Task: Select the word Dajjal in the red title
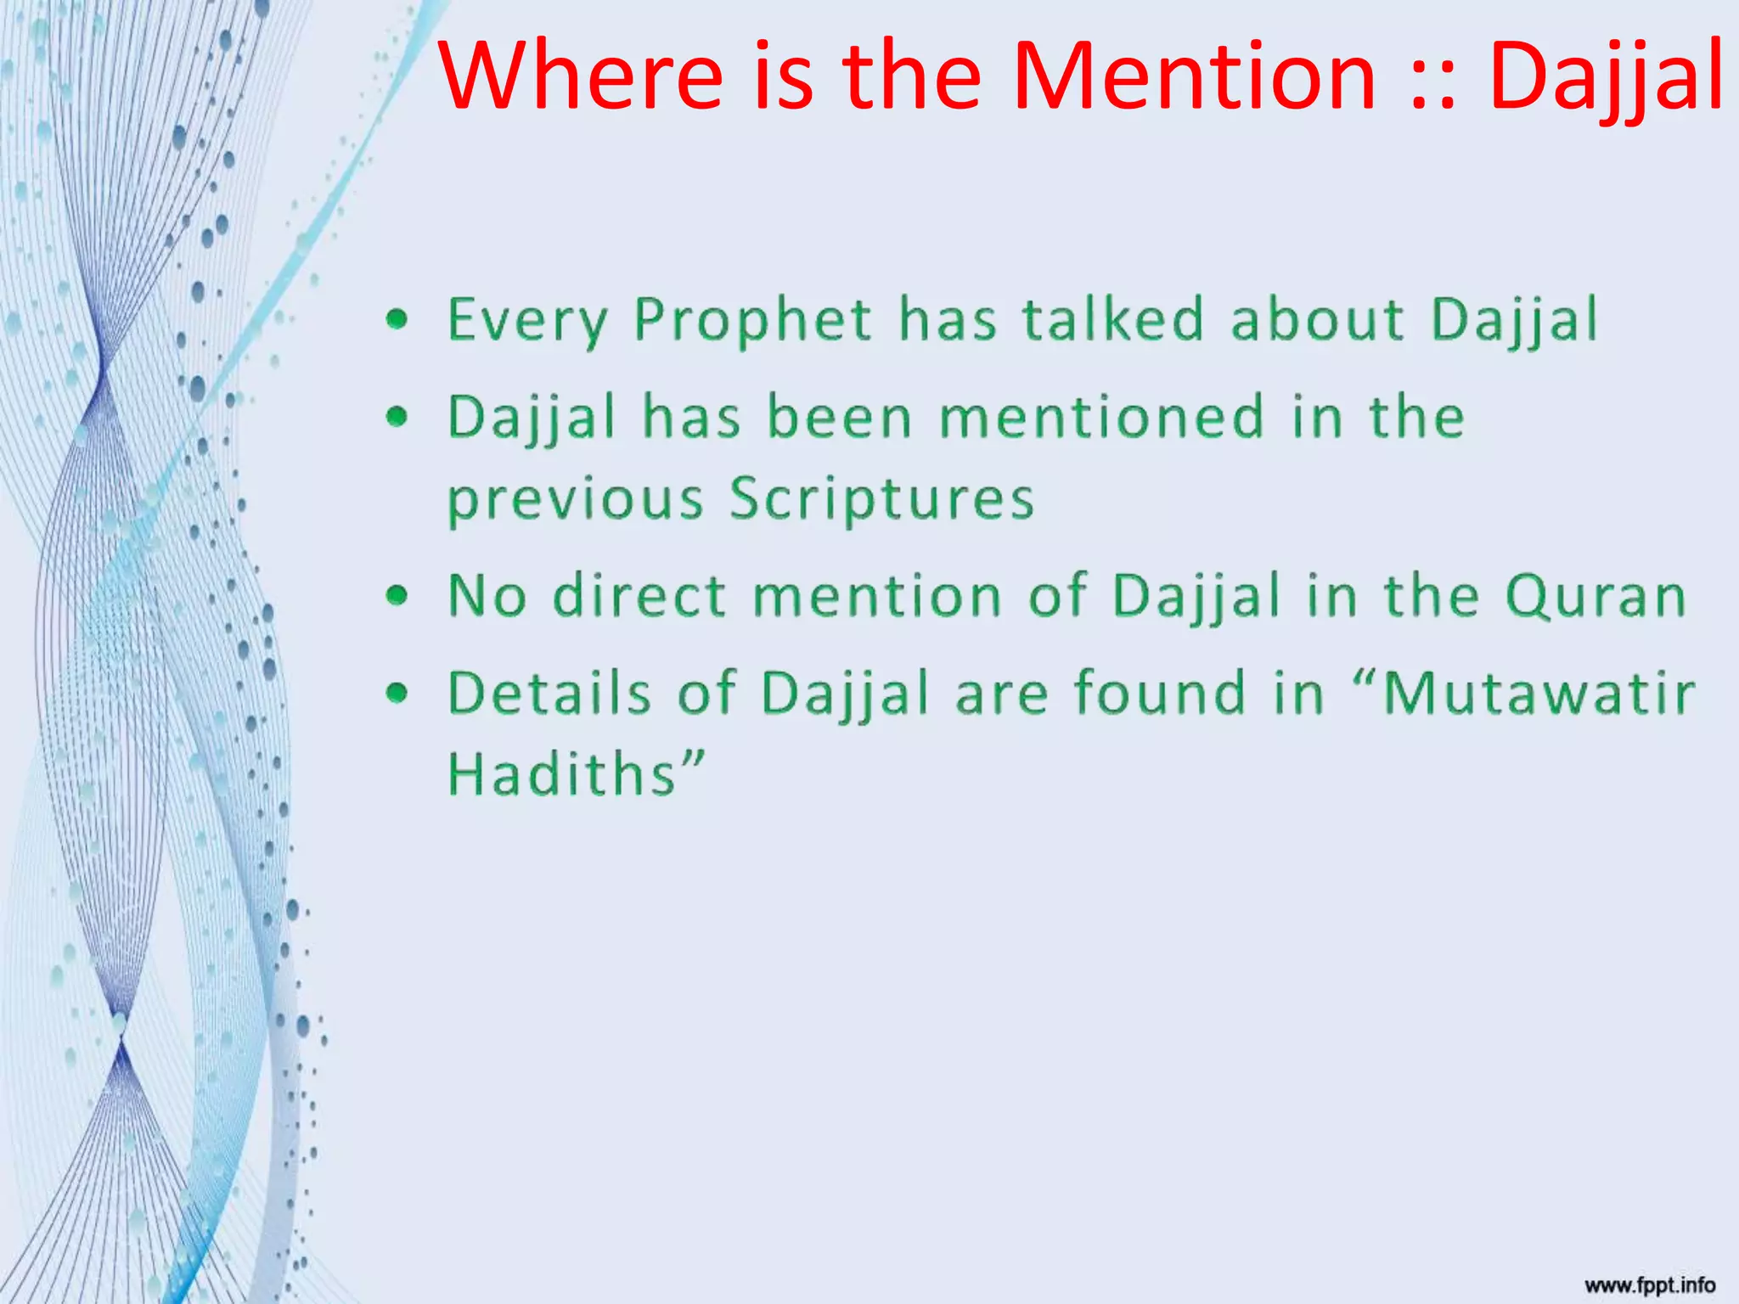point(1605,78)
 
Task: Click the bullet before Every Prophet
point(397,320)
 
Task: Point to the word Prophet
point(752,321)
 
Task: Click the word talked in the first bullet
point(1112,319)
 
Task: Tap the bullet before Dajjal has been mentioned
point(397,417)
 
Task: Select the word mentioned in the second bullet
point(1102,418)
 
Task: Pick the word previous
point(575,501)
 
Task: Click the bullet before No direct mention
point(397,596)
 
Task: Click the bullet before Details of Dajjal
point(397,694)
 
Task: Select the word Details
point(549,693)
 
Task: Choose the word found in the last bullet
point(1158,693)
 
